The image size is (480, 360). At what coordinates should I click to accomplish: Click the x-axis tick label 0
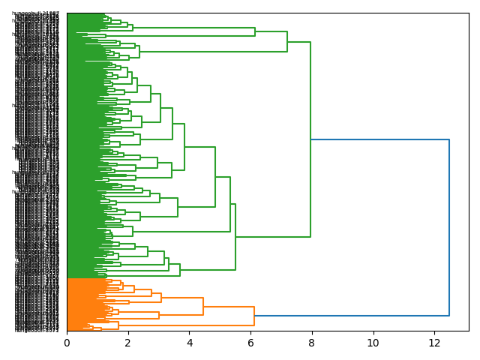[67, 343]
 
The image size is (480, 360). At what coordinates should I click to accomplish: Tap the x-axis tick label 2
[128, 343]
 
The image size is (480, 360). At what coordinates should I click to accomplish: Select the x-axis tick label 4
[189, 343]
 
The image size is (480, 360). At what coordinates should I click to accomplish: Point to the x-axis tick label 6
[250, 343]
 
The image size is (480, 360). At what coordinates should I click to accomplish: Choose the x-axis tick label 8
[312, 343]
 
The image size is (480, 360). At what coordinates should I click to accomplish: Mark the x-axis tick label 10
[373, 343]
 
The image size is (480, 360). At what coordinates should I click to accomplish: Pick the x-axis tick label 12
[434, 343]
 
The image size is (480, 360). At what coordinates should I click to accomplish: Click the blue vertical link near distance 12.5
[449, 225]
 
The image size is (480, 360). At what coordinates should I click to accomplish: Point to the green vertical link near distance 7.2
[287, 42]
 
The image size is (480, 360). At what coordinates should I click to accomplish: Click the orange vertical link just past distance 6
[254, 316]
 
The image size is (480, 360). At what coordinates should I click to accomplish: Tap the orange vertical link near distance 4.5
[203, 307]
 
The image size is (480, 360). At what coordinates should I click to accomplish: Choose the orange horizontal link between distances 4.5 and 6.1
[229, 307]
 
